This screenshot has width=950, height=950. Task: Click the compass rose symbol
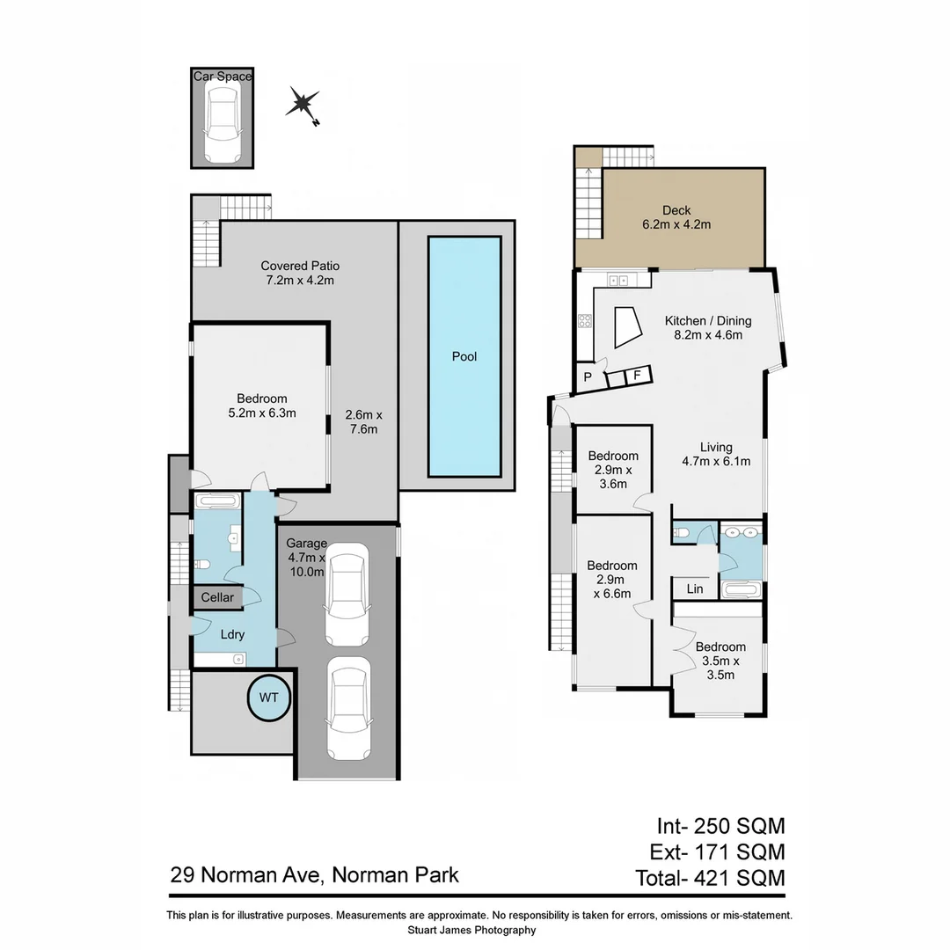point(303,105)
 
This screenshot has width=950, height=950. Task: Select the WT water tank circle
point(268,697)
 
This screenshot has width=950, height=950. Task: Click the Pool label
point(464,356)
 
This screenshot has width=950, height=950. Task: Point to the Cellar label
point(217,597)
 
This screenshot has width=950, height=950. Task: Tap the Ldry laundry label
point(232,633)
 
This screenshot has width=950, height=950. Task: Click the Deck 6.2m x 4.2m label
point(676,217)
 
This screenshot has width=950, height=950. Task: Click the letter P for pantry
point(587,377)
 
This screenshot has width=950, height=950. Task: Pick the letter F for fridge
point(636,376)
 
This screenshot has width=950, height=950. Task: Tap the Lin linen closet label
point(695,588)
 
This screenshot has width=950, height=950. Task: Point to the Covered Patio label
point(300,273)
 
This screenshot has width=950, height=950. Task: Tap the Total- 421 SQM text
point(709,877)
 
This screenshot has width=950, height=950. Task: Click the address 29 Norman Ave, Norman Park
point(314,875)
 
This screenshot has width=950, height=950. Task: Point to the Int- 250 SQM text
point(720,826)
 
